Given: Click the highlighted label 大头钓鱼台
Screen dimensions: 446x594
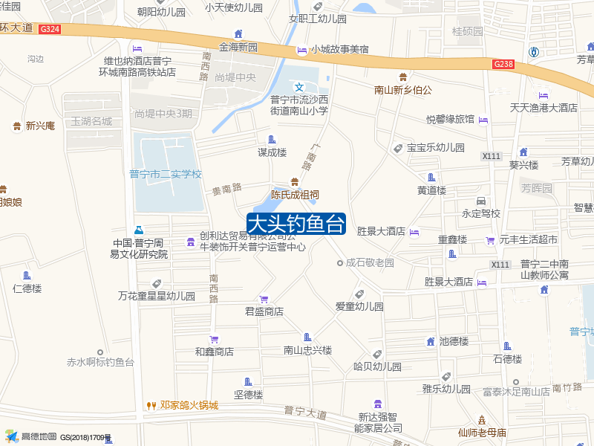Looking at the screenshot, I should click(296, 224).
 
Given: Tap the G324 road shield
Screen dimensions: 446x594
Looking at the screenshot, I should click(50, 29).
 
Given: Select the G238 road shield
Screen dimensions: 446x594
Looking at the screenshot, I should click(503, 65).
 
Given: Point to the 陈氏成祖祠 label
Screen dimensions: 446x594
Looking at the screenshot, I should click(295, 195).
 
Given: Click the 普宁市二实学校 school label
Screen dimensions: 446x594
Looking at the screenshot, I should click(166, 175).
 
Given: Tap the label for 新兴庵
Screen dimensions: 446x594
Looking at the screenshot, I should click(40, 126).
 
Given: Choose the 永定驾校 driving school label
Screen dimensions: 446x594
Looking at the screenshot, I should click(481, 213).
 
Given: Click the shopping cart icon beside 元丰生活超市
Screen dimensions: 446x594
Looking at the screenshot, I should click(490, 239).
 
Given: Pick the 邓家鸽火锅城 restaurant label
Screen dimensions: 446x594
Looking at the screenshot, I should click(189, 406).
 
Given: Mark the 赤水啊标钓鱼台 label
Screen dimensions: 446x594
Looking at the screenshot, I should click(100, 363).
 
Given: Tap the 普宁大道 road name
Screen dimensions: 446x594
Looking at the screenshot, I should click(305, 412).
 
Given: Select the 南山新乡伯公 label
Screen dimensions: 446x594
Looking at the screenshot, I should click(403, 90).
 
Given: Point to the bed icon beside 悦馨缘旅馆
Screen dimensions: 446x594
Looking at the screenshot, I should click(484, 120).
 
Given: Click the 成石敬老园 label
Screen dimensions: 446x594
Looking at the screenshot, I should click(370, 263).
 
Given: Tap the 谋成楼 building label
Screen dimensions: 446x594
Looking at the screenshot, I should click(272, 152).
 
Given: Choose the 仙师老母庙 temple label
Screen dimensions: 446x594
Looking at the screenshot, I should click(482, 433).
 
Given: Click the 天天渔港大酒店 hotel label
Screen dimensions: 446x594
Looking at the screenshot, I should click(544, 108).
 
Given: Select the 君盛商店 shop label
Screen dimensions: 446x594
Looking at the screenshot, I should click(264, 311).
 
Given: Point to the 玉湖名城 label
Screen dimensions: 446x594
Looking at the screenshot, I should click(91, 121).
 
